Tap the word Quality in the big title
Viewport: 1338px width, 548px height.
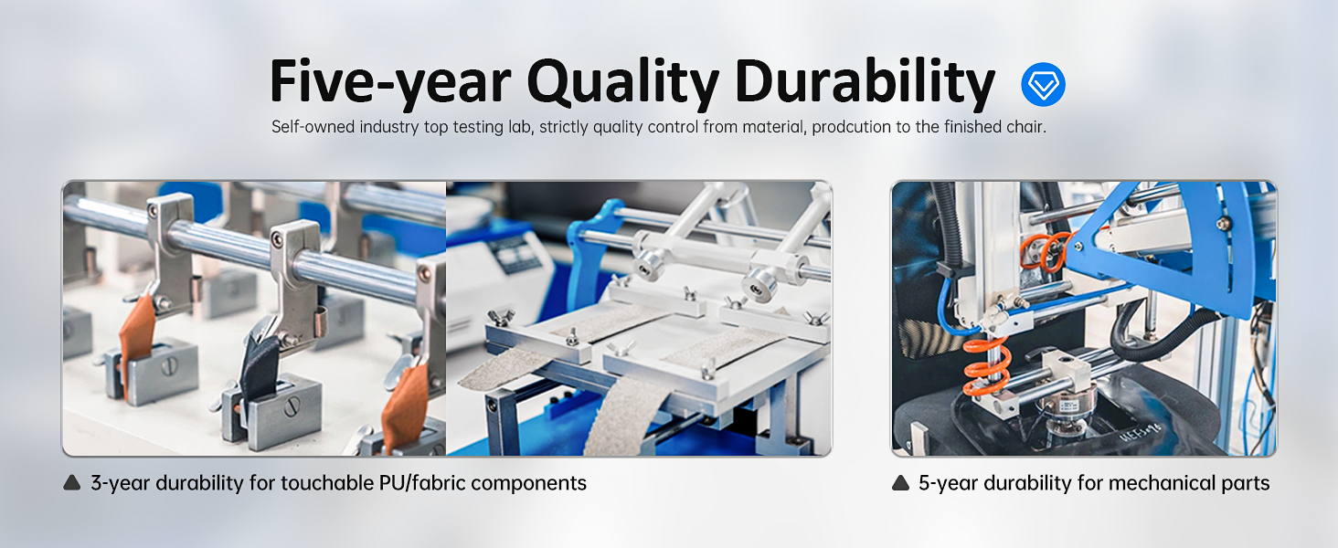622,82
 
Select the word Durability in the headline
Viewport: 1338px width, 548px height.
865,82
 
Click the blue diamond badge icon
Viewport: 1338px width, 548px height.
1043,84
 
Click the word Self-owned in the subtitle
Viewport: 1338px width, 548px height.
313,127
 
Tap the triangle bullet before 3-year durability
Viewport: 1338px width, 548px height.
71,482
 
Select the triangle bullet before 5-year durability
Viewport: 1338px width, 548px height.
900,482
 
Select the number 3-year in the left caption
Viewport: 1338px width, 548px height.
120,483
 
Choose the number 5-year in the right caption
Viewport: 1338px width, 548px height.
948,483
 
